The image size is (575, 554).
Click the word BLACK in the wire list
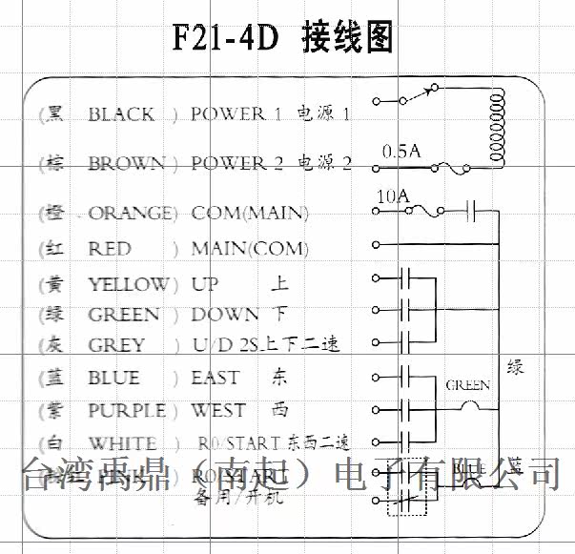[x=121, y=114]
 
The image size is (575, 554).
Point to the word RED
[x=109, y=249]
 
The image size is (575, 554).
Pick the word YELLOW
[x=128, y=284]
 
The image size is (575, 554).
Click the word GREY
[x=116, y=344]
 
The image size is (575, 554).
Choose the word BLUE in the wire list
[x=113, y=379]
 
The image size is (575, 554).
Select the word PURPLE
[x=127, y=411]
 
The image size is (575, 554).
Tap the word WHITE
[x=122, y=443]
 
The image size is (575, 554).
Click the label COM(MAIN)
[x=249, y=212]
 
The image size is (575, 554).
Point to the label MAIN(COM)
[x=249, y=249]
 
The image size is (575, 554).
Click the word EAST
[x=215, y=379]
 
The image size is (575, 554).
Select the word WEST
[x=217, y=411]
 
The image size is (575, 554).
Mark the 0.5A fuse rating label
[x=400, y=151]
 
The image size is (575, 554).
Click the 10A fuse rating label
[x=393, y=195]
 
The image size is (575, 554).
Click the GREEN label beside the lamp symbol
[x=467, y=385]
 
